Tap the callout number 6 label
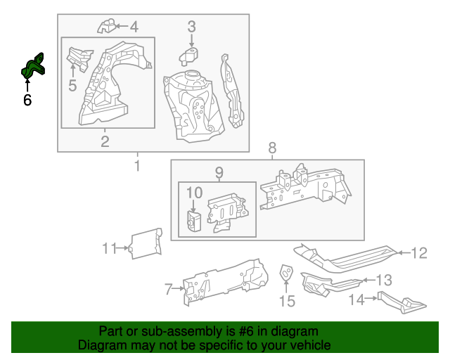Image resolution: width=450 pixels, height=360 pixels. click(27, 101)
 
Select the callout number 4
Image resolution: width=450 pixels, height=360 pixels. click(133, 27)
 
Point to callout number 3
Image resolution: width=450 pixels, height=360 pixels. click(191, 27)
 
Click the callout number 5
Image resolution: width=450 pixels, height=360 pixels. click(72, 86)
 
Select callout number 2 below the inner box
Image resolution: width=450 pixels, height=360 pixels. click(105, 143)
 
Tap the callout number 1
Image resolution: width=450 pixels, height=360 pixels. click(137, 166)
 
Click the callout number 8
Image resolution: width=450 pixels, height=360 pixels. click(272, 148)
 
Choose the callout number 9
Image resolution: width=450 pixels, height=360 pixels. click(218, 172)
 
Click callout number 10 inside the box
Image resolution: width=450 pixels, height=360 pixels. click(194, 192)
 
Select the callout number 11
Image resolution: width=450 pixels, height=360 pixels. click(108, 247)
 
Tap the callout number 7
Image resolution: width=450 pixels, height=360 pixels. click(169, 288)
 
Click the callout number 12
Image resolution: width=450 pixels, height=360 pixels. click(418, 253)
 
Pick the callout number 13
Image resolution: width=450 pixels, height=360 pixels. click(384, 281)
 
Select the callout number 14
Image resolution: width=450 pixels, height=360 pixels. click(356, 300)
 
